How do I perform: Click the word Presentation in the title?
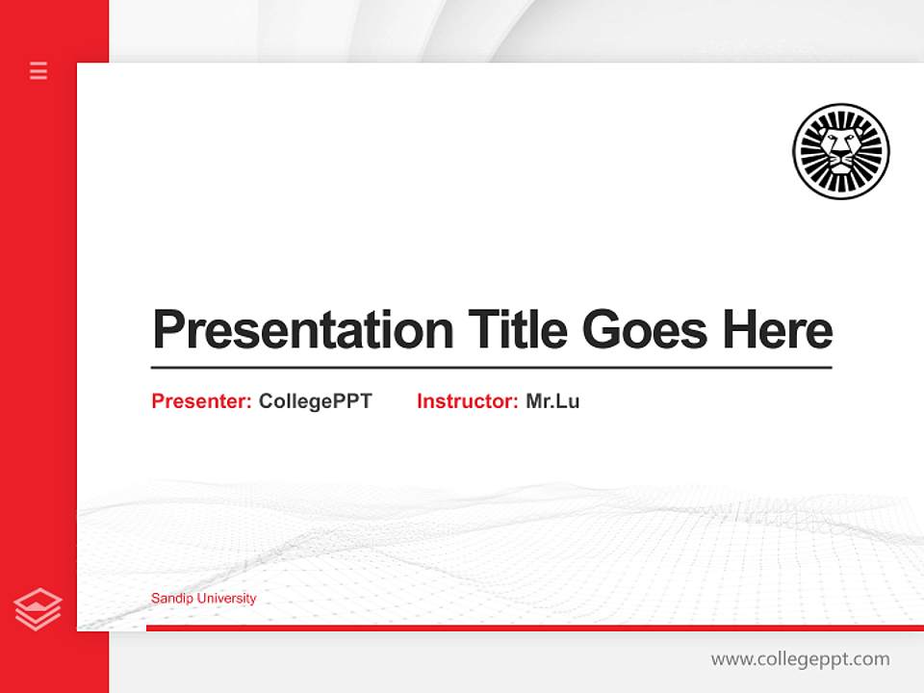pyautogui.click(x=302, y=330)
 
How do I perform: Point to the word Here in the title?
pyautogui.click(x=777, y=330)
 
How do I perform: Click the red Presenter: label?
pyautogui.click(x=201, y=401)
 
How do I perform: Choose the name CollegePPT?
pyautogui.click(x=315, y=401)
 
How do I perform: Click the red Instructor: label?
pyautogui.click(x=467, y=401)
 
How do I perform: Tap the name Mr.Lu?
pyautogui.click(x=552, y=401)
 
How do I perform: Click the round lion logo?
pyautogui.click(x=841, y=151)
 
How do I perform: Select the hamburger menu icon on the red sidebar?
pyautogui.click(x=38, y=70)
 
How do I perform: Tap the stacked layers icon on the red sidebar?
pyautogui.click(x=38, y=609)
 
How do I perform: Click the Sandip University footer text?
pyautogui.click(x=203, y=599)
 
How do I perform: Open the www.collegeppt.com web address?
pyautogui.click(x=800, y=659)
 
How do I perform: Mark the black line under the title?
pyautogui.click(x=491, y=367)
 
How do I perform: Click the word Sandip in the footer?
pyautogui.click(x=169, y=599)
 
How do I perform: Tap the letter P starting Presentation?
pyautogui.click(x=167, y=330)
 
